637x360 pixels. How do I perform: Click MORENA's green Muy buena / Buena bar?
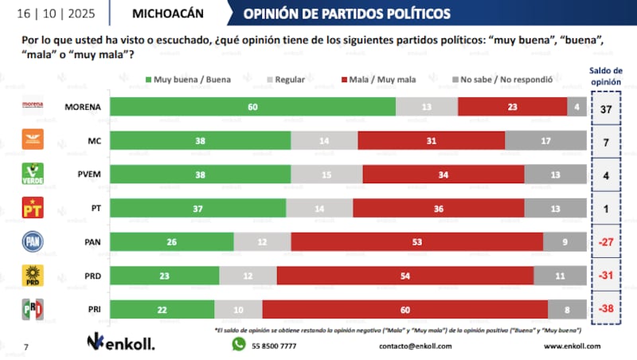[252, 106]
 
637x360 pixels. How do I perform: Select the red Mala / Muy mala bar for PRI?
[404, 310]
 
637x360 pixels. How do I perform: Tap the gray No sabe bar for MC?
[547, 140]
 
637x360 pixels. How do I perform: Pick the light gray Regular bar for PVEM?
[328, 174]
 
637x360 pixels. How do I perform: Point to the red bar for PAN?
[417, 242]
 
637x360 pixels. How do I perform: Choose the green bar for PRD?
[164, 276]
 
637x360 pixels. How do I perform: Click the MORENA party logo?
[31, 106]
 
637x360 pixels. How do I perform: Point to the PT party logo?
[31, 208]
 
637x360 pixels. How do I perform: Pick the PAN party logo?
[31, 242]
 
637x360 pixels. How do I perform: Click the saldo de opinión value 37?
[606, 107]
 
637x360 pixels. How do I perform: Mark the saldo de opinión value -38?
[606, 310]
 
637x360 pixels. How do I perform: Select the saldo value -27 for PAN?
[606, 242]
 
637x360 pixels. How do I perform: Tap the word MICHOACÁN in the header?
[167, 14]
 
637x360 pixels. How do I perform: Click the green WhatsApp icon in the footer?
[239, 345]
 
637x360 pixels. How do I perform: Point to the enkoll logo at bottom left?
[120, 343]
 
